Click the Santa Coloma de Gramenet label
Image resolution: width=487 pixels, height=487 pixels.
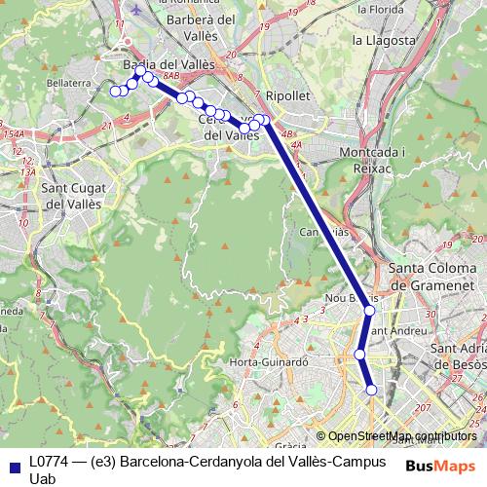(436, 277)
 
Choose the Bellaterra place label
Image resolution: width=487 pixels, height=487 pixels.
(69, 85)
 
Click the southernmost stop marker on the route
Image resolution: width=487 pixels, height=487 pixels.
(371, 391)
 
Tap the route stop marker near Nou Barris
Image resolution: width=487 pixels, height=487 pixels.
(369, 311)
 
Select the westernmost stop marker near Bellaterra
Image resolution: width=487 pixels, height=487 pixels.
(115, 92)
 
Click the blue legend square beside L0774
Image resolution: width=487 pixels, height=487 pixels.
(13, 463)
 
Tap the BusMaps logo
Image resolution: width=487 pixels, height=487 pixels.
(439, 465)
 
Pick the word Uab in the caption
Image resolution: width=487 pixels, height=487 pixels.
(43, 478)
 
